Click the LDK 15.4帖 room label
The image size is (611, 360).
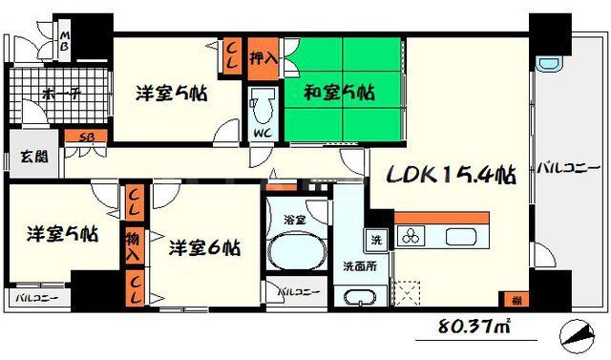tap(452, 176)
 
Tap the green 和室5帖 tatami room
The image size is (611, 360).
tap(339, 93)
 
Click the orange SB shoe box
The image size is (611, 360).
tap(85, 137)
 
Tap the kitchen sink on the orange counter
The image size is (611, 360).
tap(461, 237)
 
